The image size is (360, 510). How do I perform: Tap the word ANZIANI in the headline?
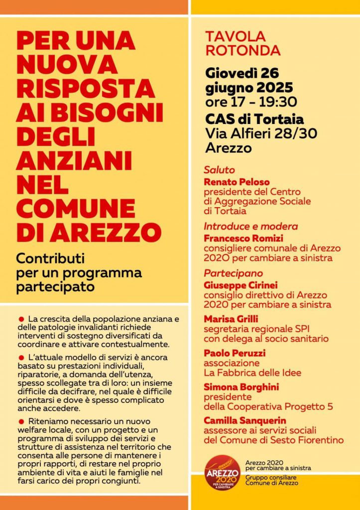pos(74,161)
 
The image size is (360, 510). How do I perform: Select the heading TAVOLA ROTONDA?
pos(243,43)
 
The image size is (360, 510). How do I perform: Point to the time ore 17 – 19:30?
pos(251,102)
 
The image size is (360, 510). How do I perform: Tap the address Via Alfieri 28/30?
pos(261,133)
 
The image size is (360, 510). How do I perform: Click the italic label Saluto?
pos(219,170)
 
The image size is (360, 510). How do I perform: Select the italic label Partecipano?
pos(234,273)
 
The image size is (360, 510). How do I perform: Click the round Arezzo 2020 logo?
pos(222,473)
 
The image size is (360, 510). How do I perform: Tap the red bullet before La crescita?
pos(21,318)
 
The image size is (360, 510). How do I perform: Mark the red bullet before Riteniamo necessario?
pos(21,421)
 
